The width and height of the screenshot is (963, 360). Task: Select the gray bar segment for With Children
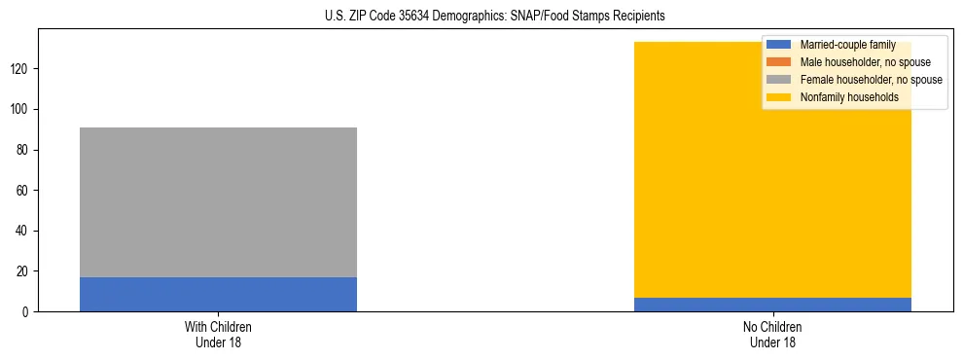coord(218,202)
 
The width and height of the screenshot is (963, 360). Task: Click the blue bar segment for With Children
coord(218,294)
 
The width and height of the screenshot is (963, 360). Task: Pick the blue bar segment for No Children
coord(772,305)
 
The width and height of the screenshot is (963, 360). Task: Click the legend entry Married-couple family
coord(847,45)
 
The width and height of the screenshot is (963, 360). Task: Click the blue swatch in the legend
coord(780,45)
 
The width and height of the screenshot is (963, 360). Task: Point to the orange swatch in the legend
coord(780,62)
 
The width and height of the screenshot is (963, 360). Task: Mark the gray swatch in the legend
coord(780,80)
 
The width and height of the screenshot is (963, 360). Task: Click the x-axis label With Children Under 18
coord(218,334)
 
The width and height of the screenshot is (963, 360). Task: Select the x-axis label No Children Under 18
coord(772,334)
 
